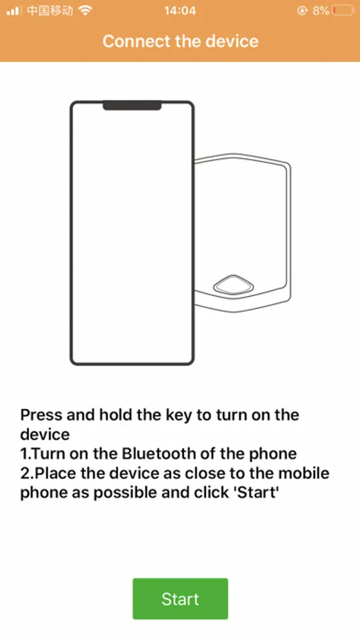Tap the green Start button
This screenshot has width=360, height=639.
click(x=180, y=599)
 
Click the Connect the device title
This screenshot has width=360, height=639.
click(x=180, y=41)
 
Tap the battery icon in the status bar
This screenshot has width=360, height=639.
click(x=343, y=11)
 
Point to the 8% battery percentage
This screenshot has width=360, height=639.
click(x=321, y=11)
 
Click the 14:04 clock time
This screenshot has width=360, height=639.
click(x=180, y=11)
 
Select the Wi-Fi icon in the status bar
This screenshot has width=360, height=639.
click(x=85, y=11)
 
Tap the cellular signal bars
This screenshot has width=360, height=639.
click(x=13, y=11)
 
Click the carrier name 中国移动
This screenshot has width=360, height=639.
click(x=50, y=11)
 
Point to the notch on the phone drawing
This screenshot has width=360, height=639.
click(x=132, y=106)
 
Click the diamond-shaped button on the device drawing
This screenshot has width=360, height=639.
click(x=234, y=285)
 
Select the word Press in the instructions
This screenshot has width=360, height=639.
click(x=40, y=415)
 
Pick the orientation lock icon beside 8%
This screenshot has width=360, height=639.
click(x=302, y=11)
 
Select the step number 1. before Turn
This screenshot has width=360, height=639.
click(x=26, y=454)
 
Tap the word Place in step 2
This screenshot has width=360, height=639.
click(x=51, y=473)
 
